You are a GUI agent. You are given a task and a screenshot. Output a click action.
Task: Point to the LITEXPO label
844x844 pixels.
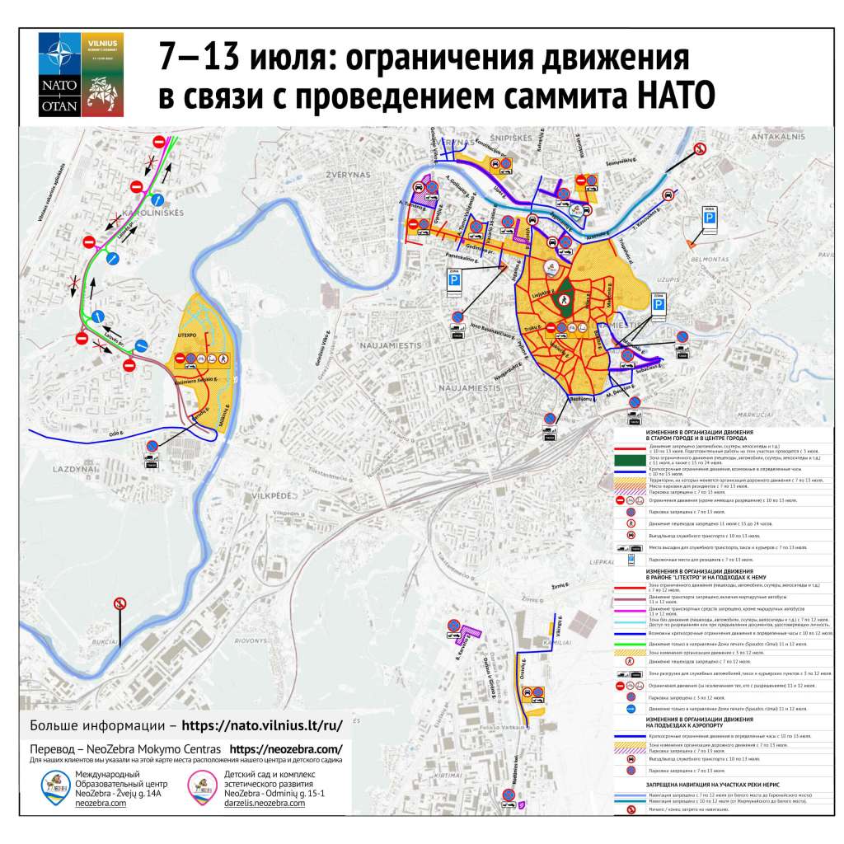pos(190,335)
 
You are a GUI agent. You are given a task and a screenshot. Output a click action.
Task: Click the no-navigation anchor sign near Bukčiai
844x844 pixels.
pos(120,604)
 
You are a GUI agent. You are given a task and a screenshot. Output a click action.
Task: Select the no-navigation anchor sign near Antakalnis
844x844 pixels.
pos(700,148)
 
